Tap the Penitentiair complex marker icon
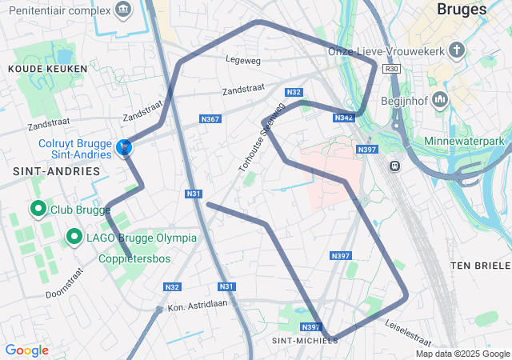122,10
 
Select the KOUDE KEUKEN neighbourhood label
36,70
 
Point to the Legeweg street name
243,59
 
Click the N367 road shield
210,119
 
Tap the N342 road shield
344,118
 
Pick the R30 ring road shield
391,70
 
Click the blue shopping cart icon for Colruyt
124,148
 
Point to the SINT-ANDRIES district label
56,171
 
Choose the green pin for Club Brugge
37,209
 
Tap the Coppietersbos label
135,258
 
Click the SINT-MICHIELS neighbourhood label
305,340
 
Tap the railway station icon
394,166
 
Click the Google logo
26,350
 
